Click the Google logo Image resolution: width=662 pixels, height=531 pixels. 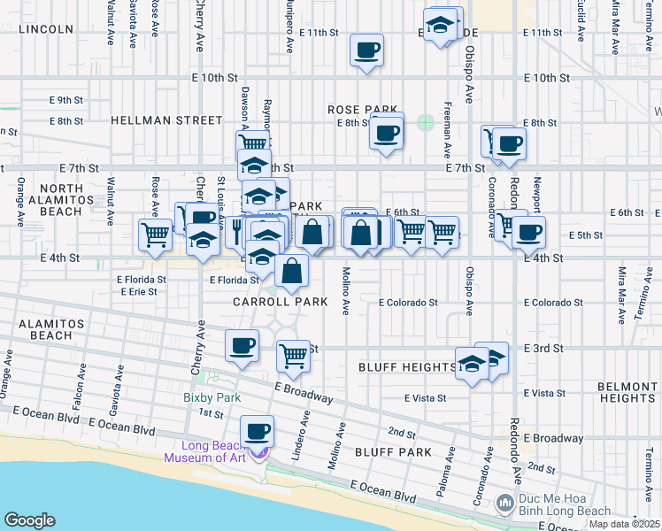point(30,520)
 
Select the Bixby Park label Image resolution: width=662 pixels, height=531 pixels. point(212,398)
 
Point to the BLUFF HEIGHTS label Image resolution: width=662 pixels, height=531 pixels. point(407,366)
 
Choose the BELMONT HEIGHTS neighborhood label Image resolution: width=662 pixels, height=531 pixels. point(627,392)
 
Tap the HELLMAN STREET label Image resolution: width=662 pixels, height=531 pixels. point(166,119)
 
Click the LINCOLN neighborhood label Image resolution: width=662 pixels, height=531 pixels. point(45,29)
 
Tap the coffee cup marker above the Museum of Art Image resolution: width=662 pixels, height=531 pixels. point(258,431)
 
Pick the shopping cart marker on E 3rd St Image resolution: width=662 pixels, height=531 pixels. point(293,356)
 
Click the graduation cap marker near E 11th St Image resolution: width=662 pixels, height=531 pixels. point(439,25)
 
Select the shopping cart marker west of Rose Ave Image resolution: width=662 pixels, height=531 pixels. point(155,235)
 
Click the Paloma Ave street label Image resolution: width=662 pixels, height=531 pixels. point(450,465)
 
